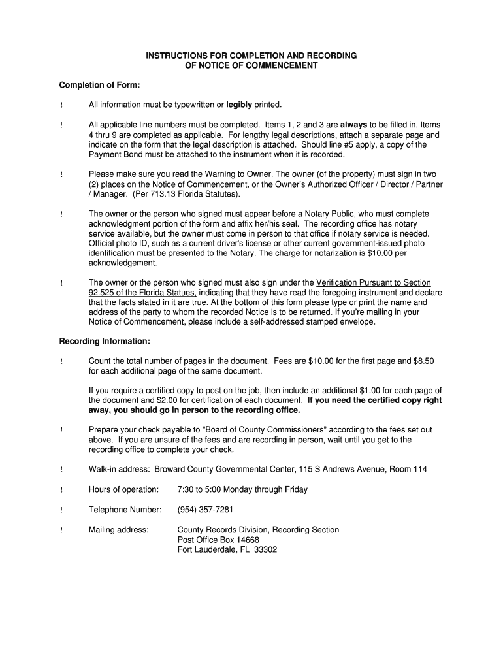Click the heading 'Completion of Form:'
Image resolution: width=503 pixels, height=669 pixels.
pyautogui.click(x=100, y=86)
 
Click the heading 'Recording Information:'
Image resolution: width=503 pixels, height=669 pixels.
pyautogui.click(x=105, y=342)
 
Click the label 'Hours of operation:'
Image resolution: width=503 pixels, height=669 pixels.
pyautogui.click(x=123, y=490)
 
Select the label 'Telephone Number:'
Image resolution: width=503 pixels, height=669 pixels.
pyautogui.click(x=125, y=510)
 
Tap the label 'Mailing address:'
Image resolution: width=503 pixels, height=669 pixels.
pyautogui.click(x=119, y=530)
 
